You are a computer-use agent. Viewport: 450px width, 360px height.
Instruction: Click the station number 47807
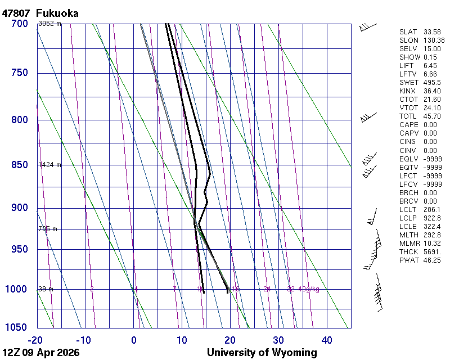click(16, 12)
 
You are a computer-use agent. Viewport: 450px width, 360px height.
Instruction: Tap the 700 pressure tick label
click(19, 24)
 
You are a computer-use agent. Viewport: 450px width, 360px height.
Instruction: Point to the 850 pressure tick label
click(19, 165)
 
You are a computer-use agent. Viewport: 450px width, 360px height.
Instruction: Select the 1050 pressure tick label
click(16, 328)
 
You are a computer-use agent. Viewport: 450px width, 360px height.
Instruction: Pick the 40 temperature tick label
click(327, 340)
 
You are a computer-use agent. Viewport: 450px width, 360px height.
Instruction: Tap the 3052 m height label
click(49, 24)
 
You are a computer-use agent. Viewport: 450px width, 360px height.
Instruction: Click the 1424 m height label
click(49, 165)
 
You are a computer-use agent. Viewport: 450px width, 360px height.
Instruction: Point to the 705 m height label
click(48, 229)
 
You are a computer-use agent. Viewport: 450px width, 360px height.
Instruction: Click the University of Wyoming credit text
click(262, 353)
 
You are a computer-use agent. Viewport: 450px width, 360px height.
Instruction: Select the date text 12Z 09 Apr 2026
click(41, 353)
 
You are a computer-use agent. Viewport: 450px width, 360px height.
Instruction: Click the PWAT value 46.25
click(433, 260)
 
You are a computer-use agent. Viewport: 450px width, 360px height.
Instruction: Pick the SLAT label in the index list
click(408, 32)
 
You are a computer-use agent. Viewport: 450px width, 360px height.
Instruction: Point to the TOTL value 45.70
click(433, 116)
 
